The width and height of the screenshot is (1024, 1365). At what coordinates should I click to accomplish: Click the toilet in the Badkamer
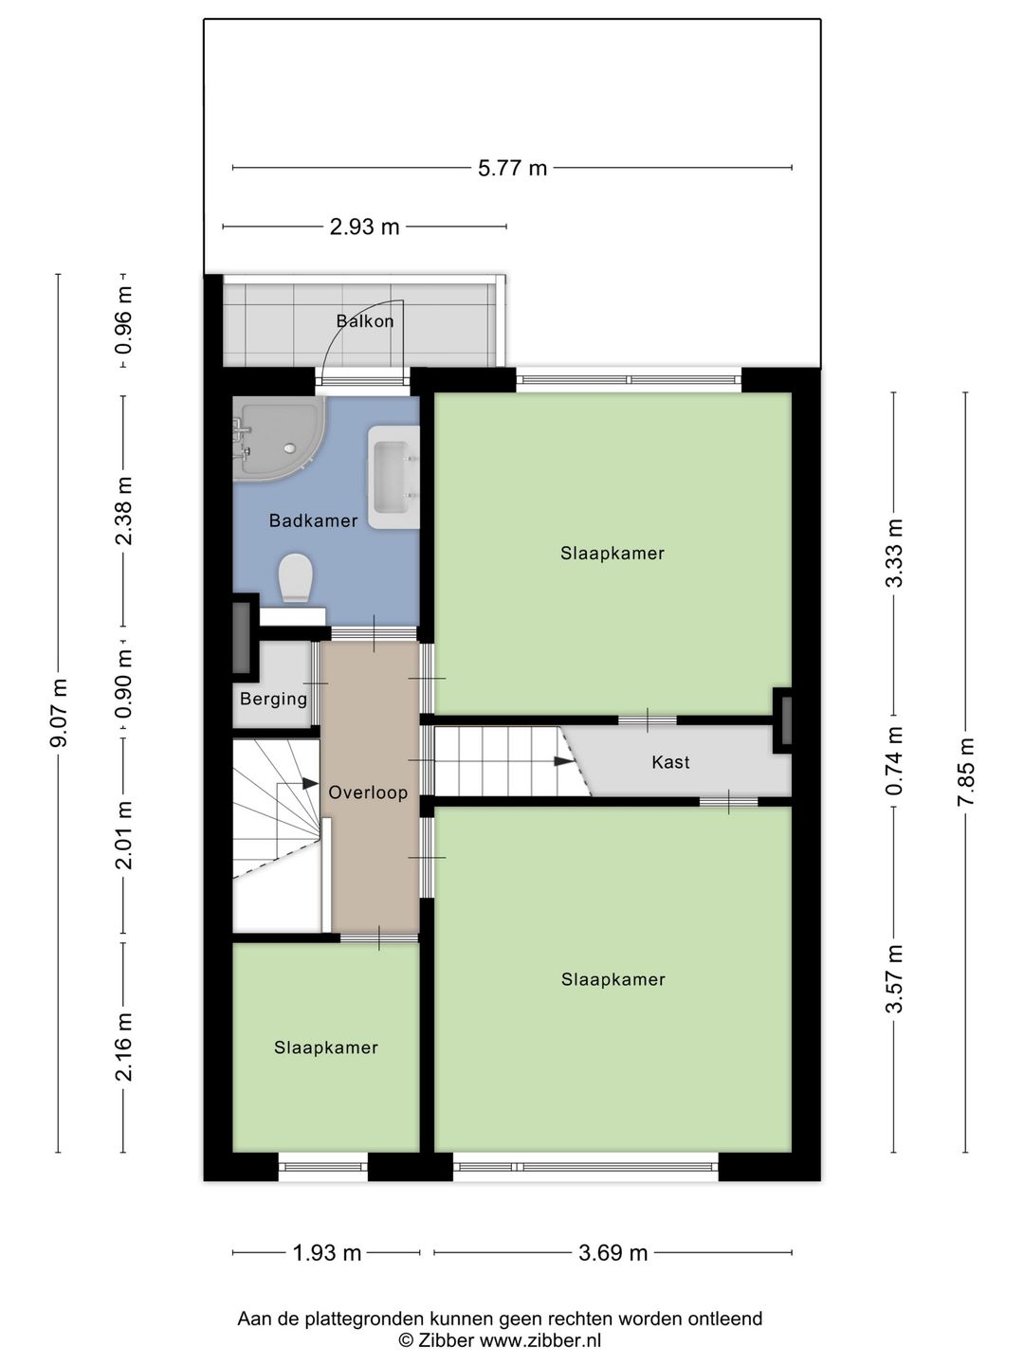(x=295, y=578)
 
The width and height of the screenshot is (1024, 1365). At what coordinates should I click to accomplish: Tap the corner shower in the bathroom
(x=278, y=438)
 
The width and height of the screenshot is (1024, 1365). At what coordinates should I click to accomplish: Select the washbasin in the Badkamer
(x=393, y=477)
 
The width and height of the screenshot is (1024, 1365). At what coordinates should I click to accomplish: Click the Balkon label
(x=365, y=321)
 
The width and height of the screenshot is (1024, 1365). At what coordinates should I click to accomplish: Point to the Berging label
(x=274, y=699)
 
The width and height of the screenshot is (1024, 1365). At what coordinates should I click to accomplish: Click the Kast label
(x=671, y=762)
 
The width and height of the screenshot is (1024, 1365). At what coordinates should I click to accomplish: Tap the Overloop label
(x=368, y=792)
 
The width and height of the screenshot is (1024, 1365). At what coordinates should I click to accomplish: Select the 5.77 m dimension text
(x=512, y=168)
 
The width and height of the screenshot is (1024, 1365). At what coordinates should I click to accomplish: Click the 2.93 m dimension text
(x=364, y=227)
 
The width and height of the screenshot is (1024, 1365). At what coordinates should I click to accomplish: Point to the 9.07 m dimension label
(x=59, y=713)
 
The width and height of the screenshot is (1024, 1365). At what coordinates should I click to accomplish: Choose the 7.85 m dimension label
(x=965, y=771)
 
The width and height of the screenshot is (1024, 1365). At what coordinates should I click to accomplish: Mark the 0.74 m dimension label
(x=894, y=760)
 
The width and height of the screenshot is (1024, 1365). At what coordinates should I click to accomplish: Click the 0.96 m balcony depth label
(x=123, y=320)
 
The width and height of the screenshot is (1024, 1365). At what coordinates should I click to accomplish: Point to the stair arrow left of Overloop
(x=310, y=784)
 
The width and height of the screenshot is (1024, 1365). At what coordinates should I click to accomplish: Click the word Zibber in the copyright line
(x=447, y=1339)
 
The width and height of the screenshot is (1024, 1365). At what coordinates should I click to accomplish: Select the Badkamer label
(x=313, y=520)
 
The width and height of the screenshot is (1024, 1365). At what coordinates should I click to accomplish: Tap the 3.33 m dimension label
(x=894, y=553)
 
